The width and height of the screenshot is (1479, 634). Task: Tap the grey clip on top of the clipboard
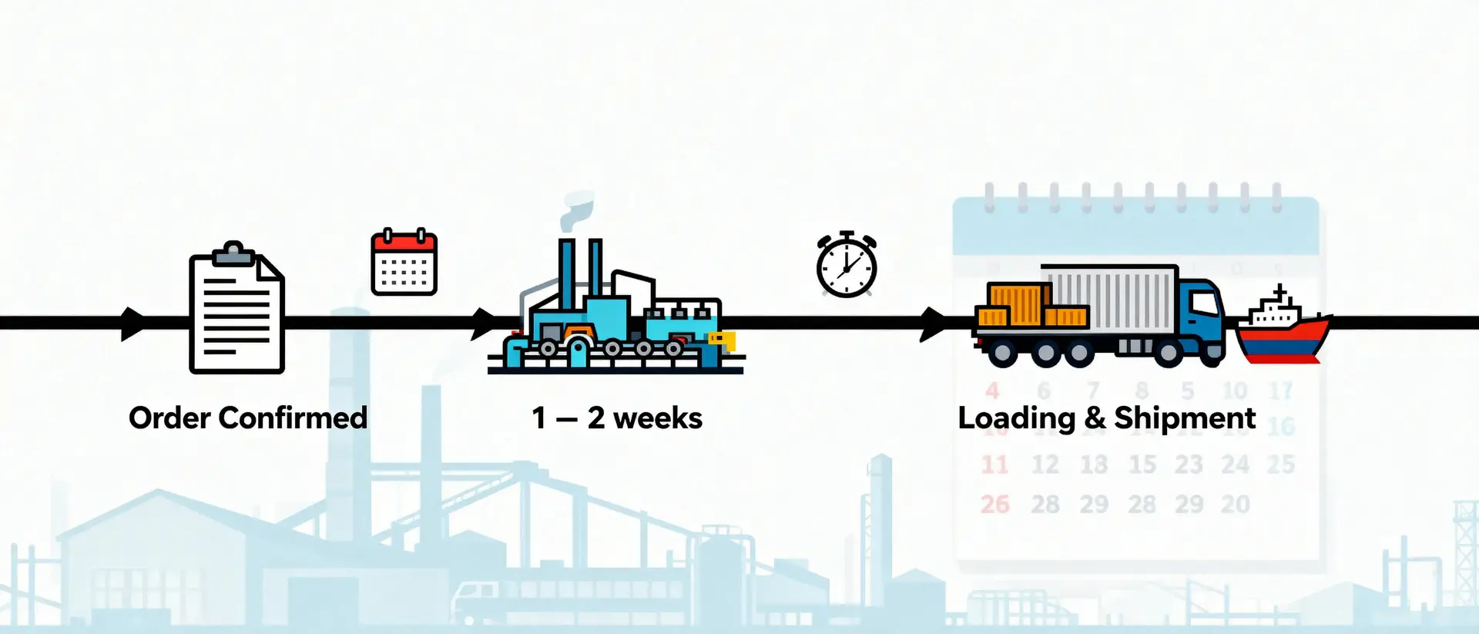point(233,253)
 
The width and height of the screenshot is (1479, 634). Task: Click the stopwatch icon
point(847,265)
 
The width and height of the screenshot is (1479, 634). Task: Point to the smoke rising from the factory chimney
point(576,210)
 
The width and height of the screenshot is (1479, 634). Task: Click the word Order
point(169,418)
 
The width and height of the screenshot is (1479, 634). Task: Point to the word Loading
point(1016,419)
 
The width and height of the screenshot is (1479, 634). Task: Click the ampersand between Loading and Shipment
point(1095,418)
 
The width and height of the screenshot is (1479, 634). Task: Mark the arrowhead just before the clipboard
point(132,324)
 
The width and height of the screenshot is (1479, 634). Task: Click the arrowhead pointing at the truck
point(934,324)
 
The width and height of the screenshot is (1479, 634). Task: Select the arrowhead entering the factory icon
point(484,324)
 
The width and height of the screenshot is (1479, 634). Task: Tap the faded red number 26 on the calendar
point(994,505)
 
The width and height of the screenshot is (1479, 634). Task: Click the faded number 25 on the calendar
point(1280,465)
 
